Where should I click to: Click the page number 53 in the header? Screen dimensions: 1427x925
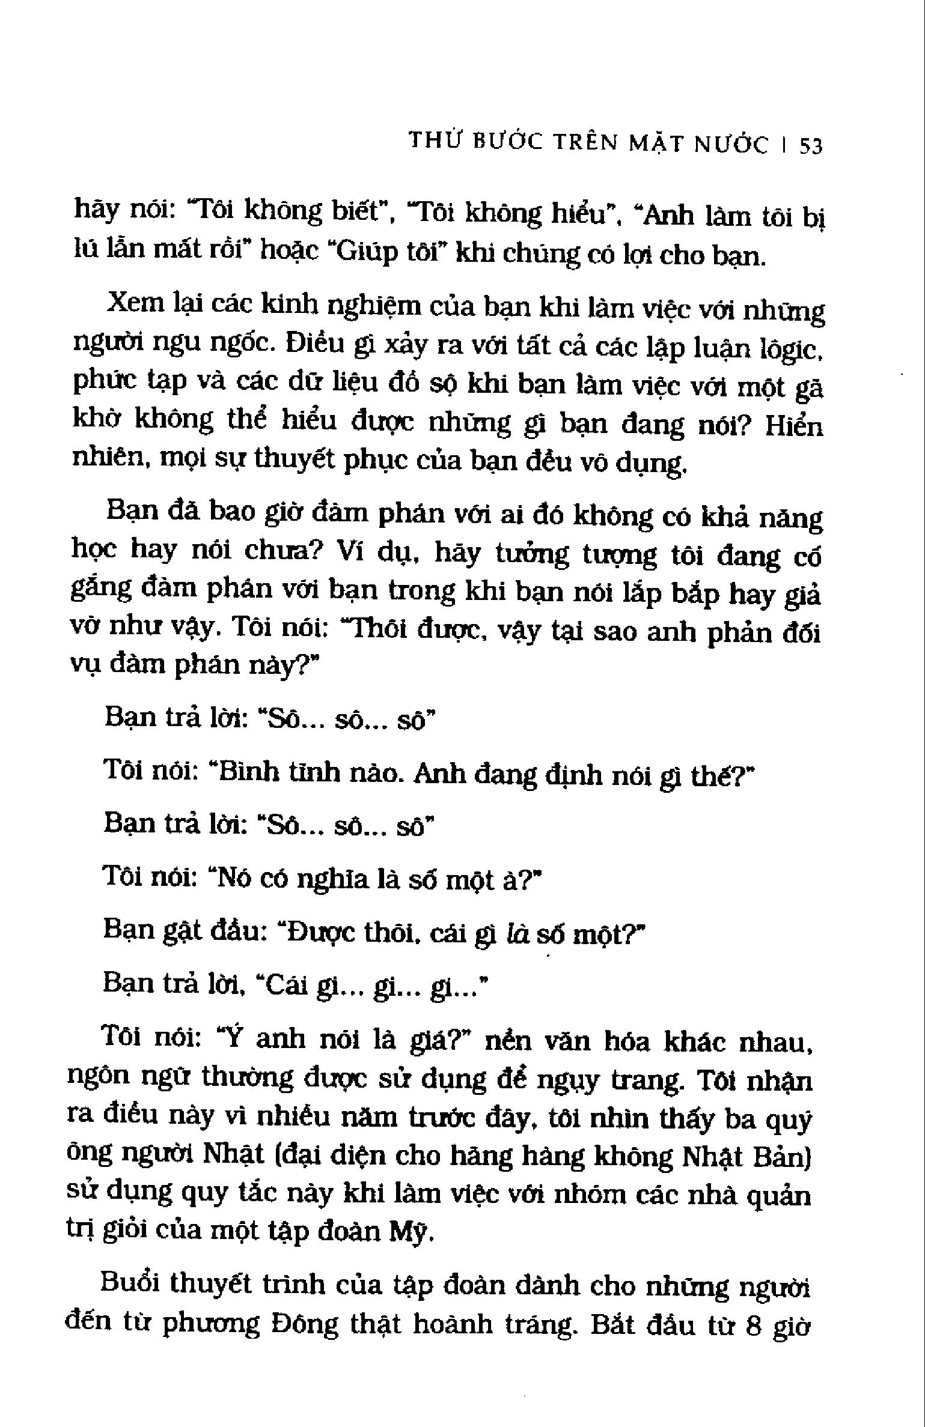(810, 146)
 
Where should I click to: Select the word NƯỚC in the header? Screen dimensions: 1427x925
(731, 145)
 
